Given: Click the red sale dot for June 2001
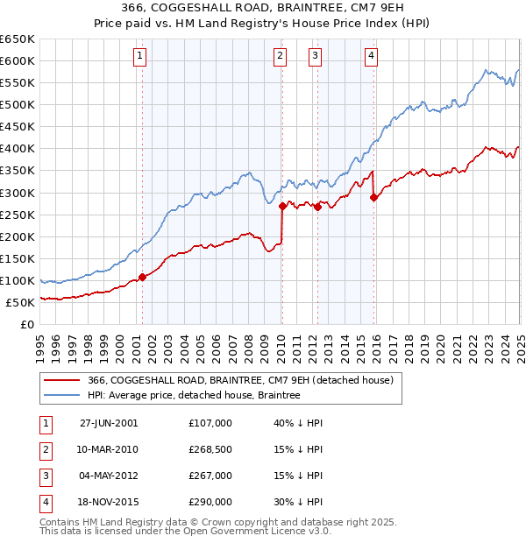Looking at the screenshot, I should pos(142,278).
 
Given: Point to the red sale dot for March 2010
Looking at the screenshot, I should pos(282,207).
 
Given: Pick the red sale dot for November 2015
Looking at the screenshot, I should pos(374,197).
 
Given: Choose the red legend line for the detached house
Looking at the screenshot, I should pos(61,380).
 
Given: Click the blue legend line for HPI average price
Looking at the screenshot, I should pos(61,395).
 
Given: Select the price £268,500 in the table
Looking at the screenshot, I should pos(210,449).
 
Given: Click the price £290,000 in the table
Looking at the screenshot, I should pos(210,502).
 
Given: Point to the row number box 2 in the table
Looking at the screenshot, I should pos(43,449).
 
